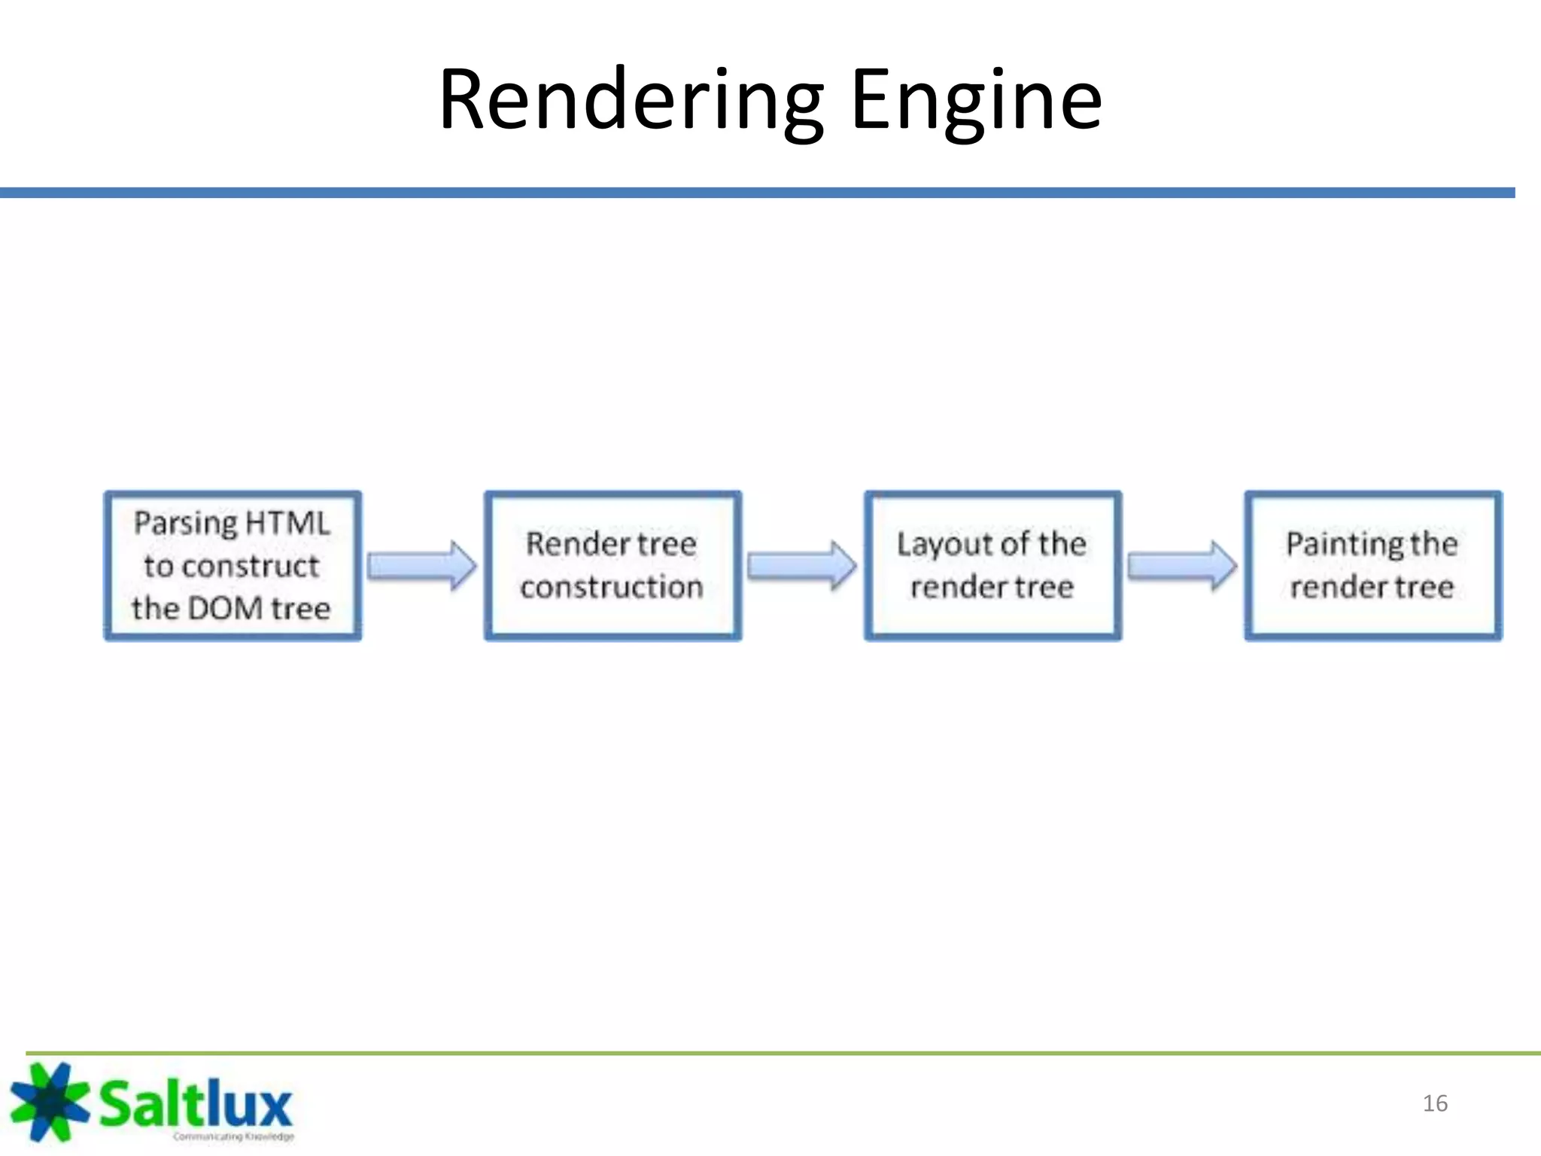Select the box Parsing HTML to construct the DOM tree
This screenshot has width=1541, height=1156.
click(x=233, y=565)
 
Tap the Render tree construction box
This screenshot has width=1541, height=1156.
click(x=612, y=565)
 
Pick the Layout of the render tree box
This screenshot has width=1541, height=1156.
click(x=992, y=565)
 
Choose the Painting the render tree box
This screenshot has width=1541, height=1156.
click(x=1372, y=565)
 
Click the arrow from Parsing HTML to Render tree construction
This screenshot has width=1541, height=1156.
click(x=422, y=565)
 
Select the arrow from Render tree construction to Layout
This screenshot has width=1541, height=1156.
click(x=802, y=565)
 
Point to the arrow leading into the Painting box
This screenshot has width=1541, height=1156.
click(x=1182, y=565)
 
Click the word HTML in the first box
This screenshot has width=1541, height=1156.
click(x=287, y=523)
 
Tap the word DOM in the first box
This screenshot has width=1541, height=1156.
click(x=225, y=608)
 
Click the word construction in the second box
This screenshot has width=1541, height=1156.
click(x=611, y=587)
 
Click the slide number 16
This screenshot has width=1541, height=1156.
click(x=1435, y=1103)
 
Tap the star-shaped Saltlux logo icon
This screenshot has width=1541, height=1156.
click(x=48, y=1100)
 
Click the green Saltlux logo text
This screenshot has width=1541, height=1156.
click(x=196, y=1103)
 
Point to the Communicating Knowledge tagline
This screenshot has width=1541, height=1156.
click(x=233, y=1136)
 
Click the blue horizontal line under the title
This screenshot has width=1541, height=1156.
click(x=752, y=193)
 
